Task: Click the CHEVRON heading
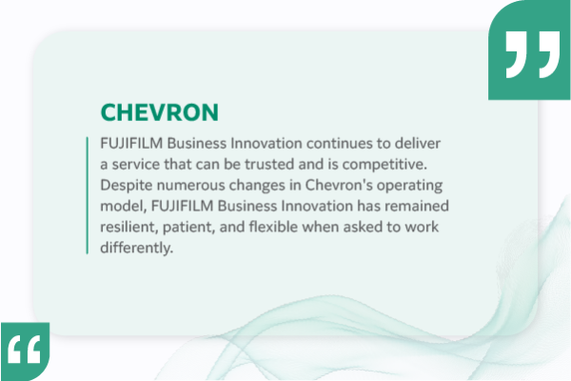click(x=160, y=111)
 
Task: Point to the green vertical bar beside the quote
click(x=88, y=194)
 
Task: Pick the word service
click(x=140, y=163)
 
